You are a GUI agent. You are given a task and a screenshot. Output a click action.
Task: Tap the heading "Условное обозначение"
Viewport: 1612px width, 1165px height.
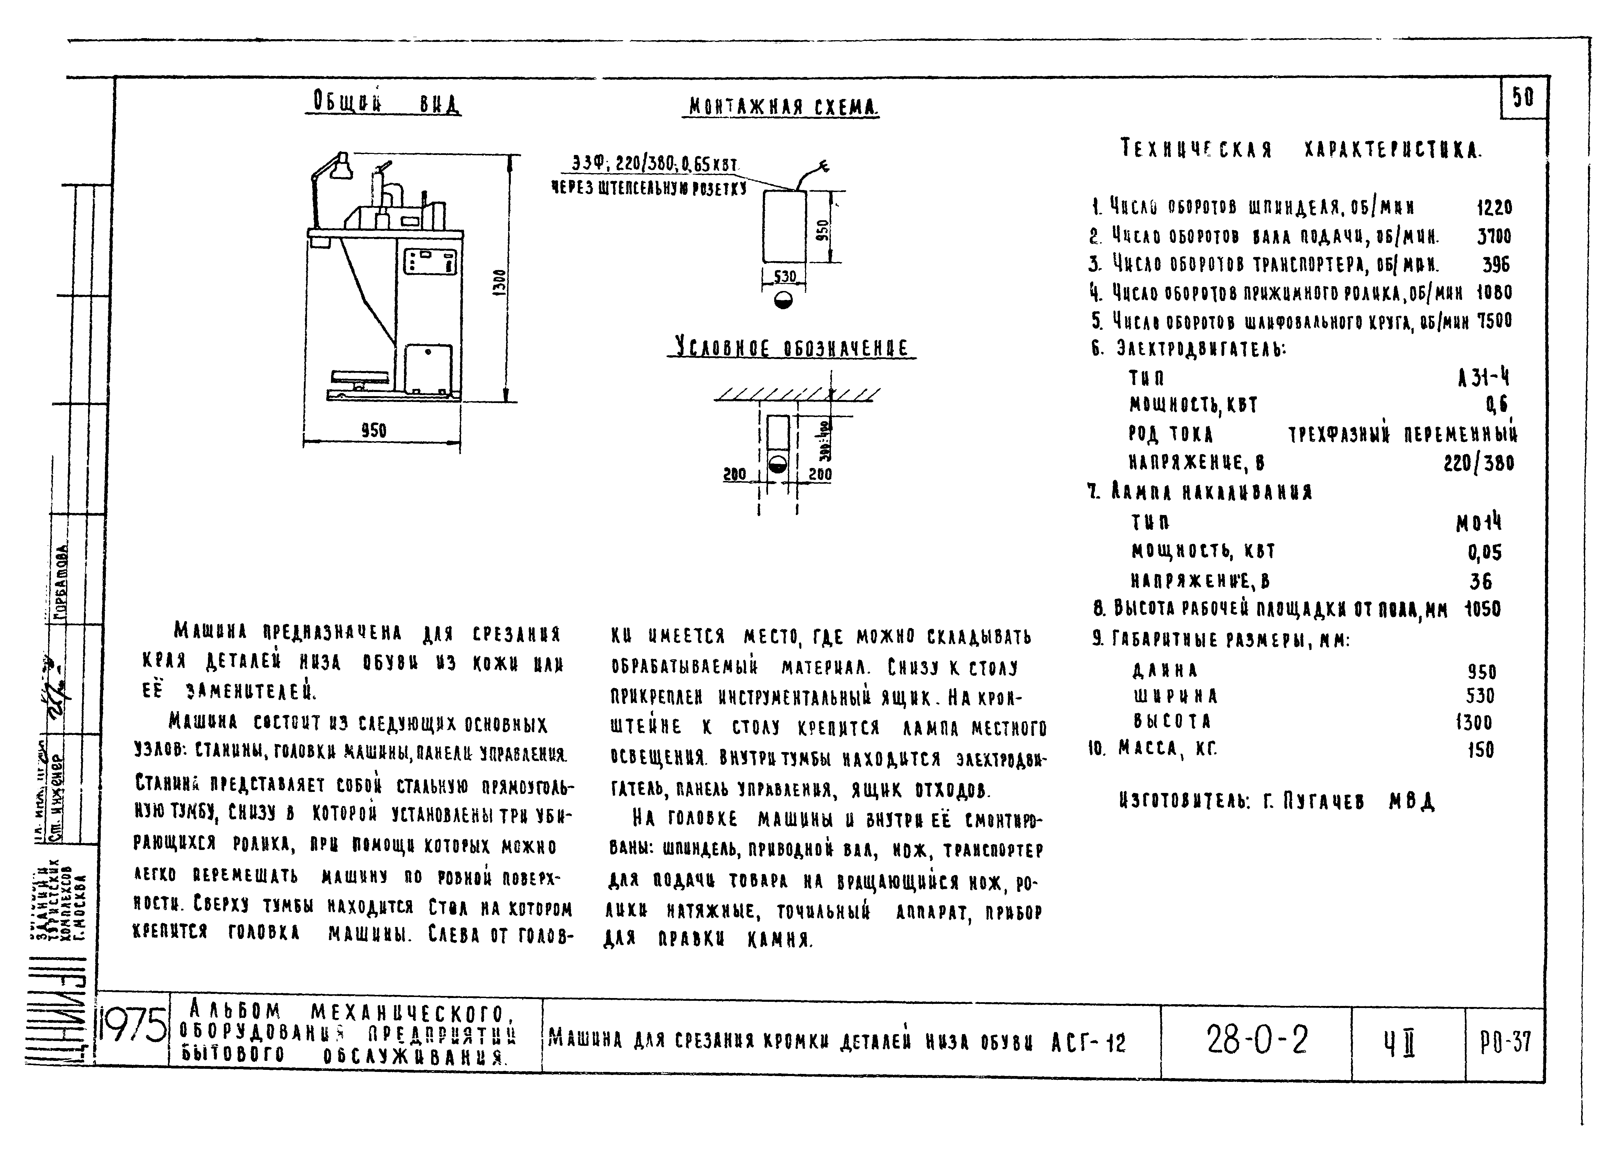791,348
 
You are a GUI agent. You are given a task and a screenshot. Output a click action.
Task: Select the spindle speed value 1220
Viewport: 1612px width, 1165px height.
1494,208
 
